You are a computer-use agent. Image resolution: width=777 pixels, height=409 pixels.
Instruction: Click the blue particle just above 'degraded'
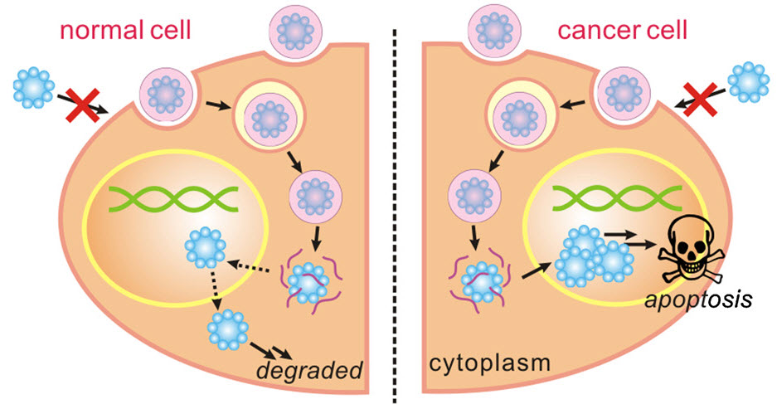pos(227,329)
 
